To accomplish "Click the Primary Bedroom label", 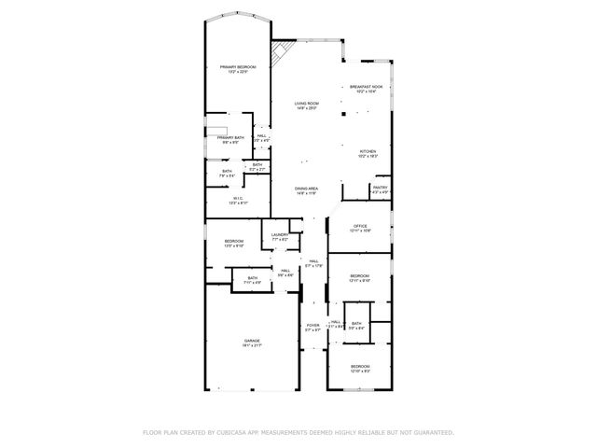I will click(x=238, y=67).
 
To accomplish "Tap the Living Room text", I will click(x=306, y=105).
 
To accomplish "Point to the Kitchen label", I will click(x=368, y=151).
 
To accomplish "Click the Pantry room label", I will click(x=380, y=189).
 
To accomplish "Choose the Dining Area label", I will click(x=306, y=189).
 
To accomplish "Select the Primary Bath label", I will click(x=230, y=139).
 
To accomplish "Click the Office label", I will click(x=360, y=226).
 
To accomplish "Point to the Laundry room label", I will click(x=279, y=235).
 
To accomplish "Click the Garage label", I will click(x=252, y=342).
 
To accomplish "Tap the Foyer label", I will click(x=312, y=326).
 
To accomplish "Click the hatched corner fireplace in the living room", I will click(x=279, y=54).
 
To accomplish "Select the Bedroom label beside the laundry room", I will click(x=233, y=242).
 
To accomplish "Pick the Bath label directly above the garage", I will click(x=252, y=278).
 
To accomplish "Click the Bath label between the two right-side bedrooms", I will click(x=356, y=323).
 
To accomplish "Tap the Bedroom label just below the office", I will click(x=360, y=276).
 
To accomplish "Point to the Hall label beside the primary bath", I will click(x=262, y=136).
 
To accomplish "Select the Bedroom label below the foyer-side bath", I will click(x=360, y=365).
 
